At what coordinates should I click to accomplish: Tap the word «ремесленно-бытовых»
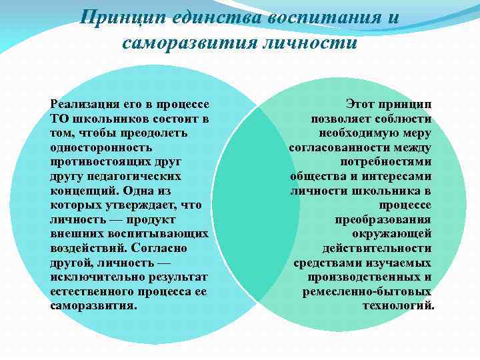point(367,291)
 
